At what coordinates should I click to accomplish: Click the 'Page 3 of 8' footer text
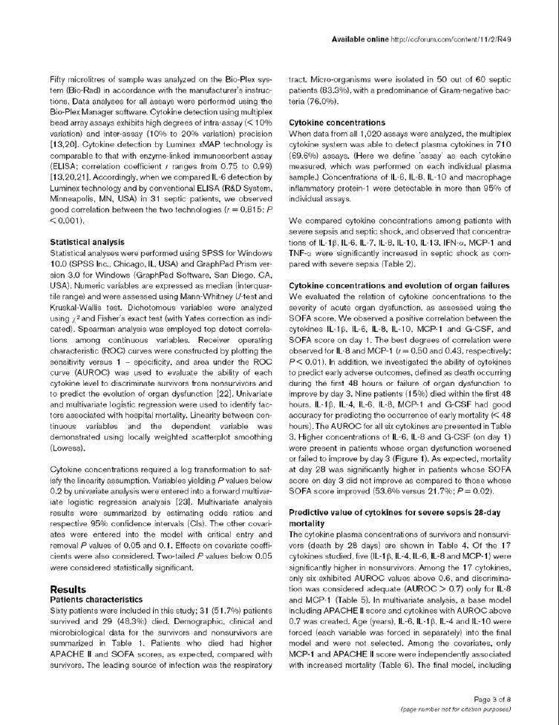click(492, 698)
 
